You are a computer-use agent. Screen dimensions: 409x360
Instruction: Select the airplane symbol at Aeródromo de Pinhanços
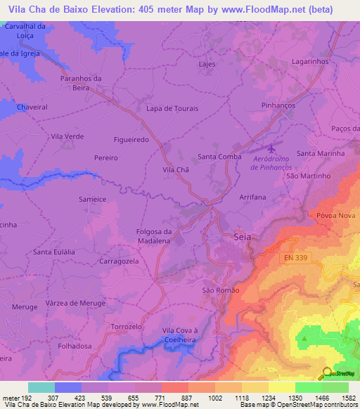272,148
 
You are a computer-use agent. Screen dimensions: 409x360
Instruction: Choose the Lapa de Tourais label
172,109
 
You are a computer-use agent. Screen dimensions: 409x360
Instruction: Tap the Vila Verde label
67,136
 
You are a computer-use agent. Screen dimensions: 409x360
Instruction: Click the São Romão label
221,290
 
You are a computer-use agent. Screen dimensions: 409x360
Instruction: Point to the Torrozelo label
127,327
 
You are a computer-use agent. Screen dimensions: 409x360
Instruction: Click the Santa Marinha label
320,152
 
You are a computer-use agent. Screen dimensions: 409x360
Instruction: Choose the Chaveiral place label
32,107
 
